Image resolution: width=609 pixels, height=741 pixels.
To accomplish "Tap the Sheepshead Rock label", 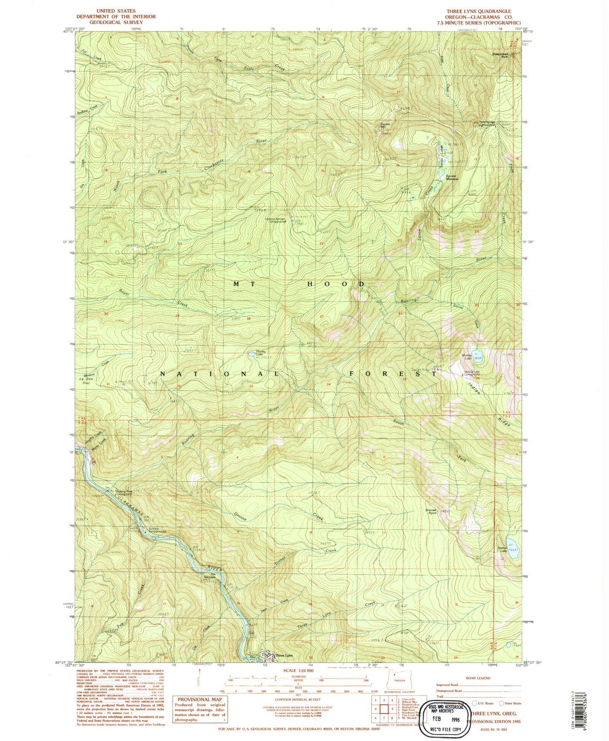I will tap(500, 55).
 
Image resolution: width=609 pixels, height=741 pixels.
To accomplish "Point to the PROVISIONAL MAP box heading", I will tap(200, 699).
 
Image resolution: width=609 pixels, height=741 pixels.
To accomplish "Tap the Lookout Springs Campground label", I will tap(276, 220).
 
